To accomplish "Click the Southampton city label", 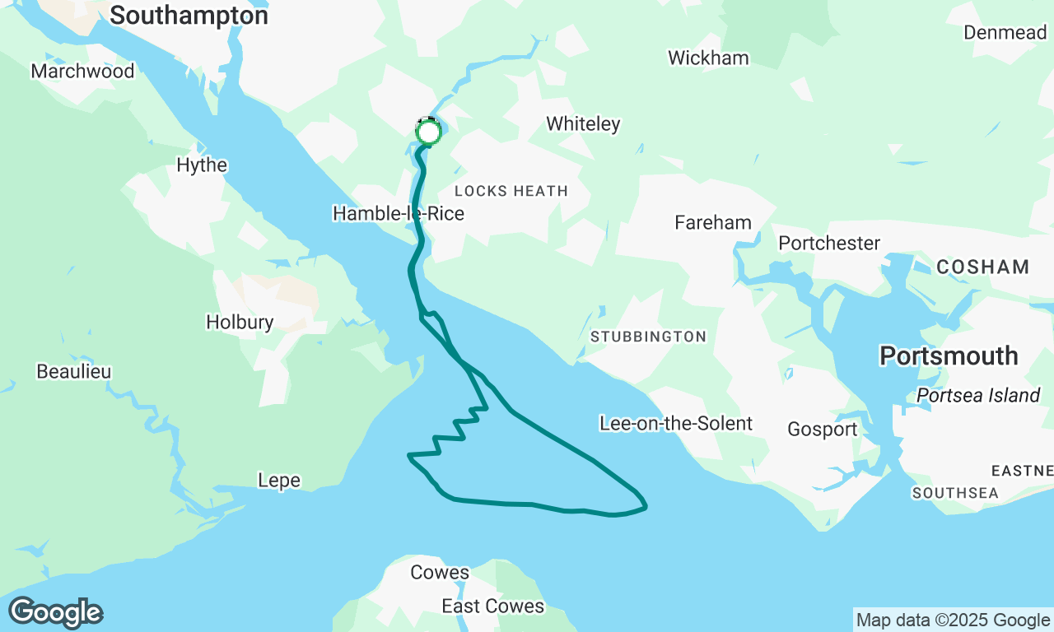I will click(x=189, y=16).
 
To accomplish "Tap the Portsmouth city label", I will click(x=949, y=355).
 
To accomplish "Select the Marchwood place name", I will click(x=82, y=71).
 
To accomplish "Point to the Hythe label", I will click(x=202, y=165).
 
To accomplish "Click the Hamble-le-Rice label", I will click(x=398, y=214).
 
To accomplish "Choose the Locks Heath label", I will click(x=511, y=191).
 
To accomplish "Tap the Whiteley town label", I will click(x=583, y=123).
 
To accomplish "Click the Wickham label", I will click(x=708, y=58).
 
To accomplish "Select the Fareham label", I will click(x=712, y=222).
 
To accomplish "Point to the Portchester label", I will click(x=829, y=243).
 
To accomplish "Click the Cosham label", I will click(x=982, y=267).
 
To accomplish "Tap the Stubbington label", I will click(x=648, y=337).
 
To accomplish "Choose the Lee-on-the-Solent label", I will click(x=676, y=423).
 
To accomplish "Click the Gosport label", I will click(x=822, y=429).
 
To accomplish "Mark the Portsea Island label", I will click(x=978, y=395).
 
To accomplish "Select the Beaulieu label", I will click(x=74, y=371).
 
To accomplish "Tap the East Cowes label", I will click(x=492, y=606).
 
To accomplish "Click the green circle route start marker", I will click(x=428, y=132).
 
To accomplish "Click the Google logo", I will click(x=56, y=613).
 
